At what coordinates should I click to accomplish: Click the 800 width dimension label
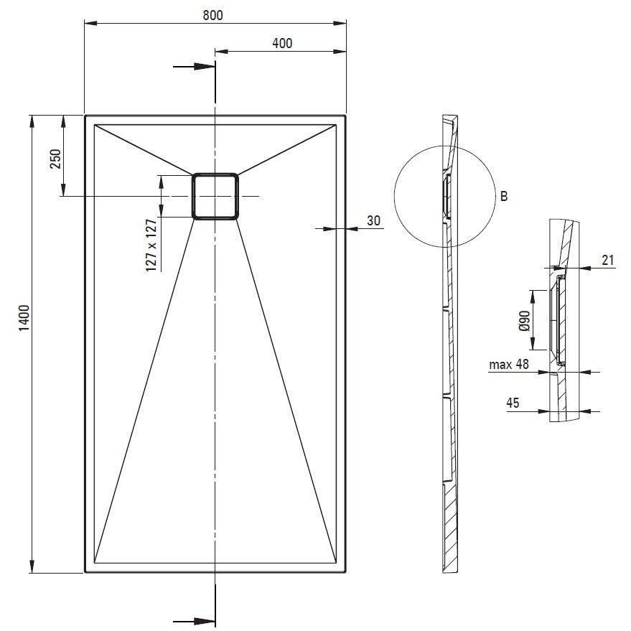pyautogui.click(x=212, y=15)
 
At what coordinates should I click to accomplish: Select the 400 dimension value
pyautogui.click(x=282, y=43)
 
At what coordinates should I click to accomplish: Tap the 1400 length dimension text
pyautogui.click(x=24, y=318)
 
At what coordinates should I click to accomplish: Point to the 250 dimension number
pyautogui.click(x=55, y=159)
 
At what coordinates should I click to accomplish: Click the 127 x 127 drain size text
pyautogui.click(x=151, y=245)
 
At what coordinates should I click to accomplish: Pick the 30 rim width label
pyautogui.click(x=373, y=220)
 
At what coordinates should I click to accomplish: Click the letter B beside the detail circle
pyautogui.click(x=503, y=197)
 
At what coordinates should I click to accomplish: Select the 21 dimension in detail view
pyautogui.click(x=607, y=261)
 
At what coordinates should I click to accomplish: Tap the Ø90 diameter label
pyautogui.click(x=524, y=321)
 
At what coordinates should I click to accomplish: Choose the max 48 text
pyautogui.click(x=509, y=365)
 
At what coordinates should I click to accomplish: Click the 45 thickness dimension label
pyautogui.click(x=513, y=403)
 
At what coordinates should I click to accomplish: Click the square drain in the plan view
pyautogui.click(x=215, y=197)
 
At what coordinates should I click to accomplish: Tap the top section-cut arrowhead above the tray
pyautogui.click(x=203, y=66)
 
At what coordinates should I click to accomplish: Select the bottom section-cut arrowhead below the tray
pyautogui.click(x=203, y=622)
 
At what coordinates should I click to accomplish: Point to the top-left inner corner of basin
pyautogui.click(x=95, y=125)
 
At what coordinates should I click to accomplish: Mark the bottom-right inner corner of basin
pyautogui.click(x=336, y=562)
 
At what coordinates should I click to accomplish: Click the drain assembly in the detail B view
pyautogui.click(x=558, y=321)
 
